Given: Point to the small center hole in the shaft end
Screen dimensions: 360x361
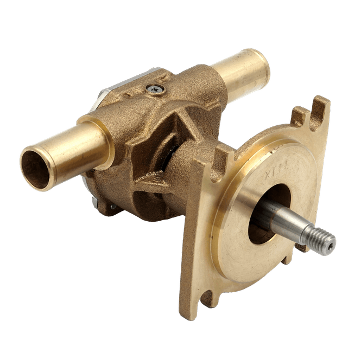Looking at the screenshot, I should click(x=330, y=242).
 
